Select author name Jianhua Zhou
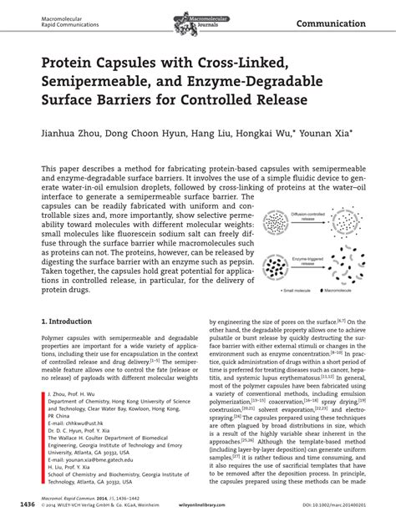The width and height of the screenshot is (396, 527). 74,132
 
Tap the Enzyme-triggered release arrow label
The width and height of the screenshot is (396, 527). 303,261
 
